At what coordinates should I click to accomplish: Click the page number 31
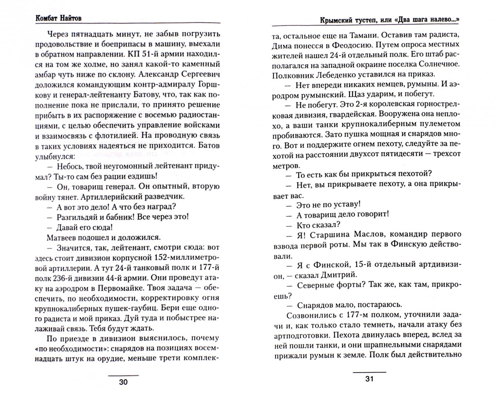click(x=369, y=379)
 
